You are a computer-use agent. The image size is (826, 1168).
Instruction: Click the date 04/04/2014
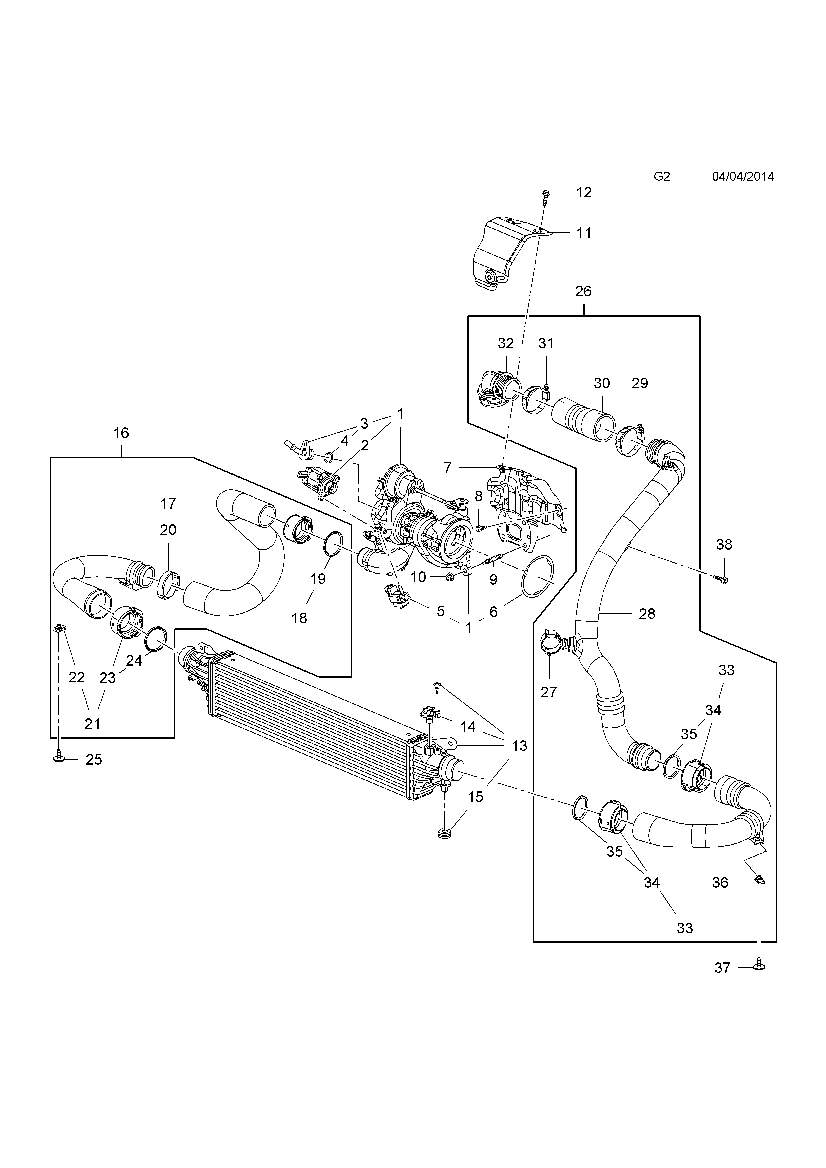[743, 177]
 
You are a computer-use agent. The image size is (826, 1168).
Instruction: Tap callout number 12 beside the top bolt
[584, 192]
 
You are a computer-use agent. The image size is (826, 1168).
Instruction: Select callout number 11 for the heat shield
[584, 233]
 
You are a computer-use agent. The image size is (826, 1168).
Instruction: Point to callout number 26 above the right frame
[583, 291]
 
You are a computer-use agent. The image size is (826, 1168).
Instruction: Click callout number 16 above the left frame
[121, 433]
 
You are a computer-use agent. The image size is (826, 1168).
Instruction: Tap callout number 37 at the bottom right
[722, 968]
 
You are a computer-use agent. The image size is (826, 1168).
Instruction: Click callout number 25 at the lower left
[94, 760]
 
